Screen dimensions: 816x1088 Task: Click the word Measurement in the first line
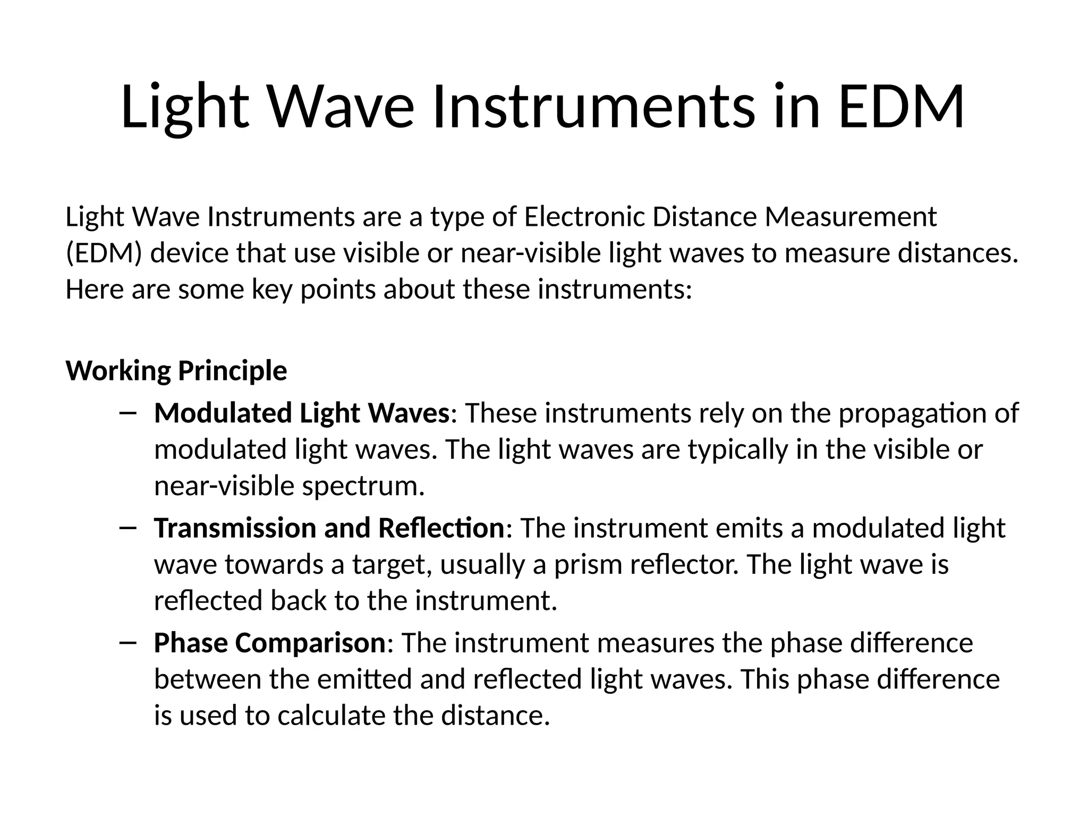[851, 217]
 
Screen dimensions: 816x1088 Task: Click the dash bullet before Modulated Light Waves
[129, 413]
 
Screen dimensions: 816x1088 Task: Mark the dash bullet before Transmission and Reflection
[129, 528]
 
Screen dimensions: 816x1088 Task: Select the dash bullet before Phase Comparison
[129, 643]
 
